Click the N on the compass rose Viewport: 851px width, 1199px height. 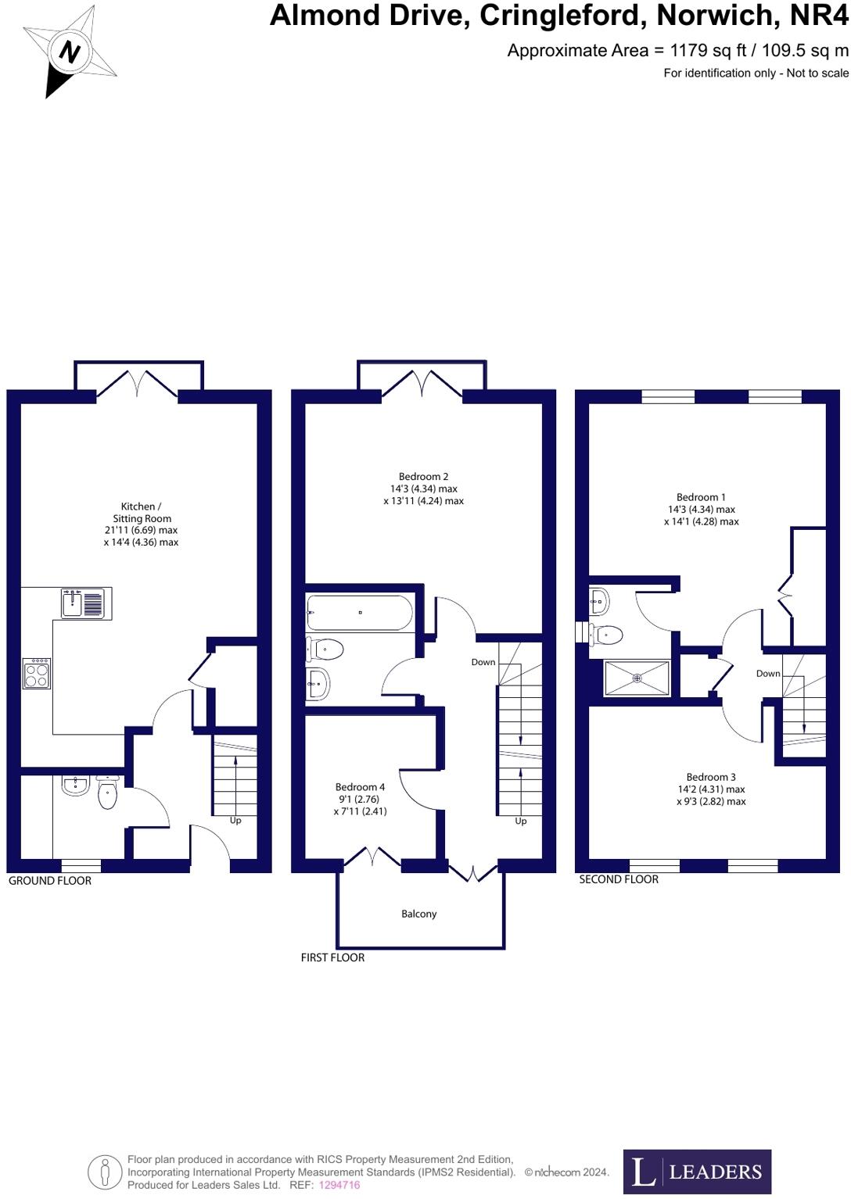click(x=70, y=53)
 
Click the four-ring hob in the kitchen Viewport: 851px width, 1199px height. click(x=37, y=673)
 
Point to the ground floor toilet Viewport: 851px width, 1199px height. click(x=107, y=794)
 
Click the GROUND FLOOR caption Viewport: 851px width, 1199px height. click(x=50, y=881)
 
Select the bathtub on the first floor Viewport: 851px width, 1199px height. click(x=360, y=613)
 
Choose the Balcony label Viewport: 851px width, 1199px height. click(x=418, y=914)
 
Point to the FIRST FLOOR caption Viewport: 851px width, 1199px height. click(x=332, y=957)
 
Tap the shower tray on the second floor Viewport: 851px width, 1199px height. click(x=637, y=678)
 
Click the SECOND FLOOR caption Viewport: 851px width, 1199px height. click(x=619, y=879)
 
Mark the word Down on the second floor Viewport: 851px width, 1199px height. click(x=767, y=674)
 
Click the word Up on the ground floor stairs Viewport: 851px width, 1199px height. click(x=235, y=821)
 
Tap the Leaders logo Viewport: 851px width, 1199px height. click(x=697, y=1172)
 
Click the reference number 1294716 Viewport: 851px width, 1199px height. click(x=339, y=1185)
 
